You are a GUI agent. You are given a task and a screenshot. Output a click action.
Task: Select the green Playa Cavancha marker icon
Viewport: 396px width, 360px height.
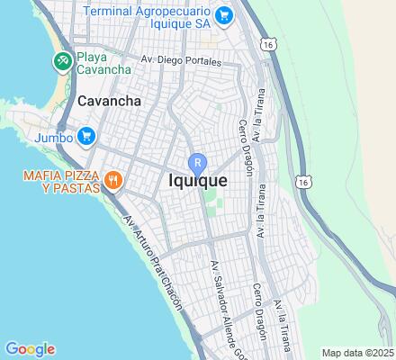point(61,62)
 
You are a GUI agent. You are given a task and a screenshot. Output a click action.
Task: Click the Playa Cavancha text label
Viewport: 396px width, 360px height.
point(103,62)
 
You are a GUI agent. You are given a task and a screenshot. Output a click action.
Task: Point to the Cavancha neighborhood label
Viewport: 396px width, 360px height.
point(109,101)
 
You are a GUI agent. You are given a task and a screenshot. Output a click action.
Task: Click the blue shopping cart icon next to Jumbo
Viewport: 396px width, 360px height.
point(86,137)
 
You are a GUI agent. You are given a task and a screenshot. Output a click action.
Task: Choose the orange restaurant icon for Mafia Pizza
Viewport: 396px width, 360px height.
point(113,179)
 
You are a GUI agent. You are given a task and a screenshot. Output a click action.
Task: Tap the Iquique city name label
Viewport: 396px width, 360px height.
point(197,180)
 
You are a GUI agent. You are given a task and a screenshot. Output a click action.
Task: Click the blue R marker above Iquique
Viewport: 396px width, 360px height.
point(197,163)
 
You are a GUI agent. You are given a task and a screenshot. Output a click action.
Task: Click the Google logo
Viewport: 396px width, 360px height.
point(30,349)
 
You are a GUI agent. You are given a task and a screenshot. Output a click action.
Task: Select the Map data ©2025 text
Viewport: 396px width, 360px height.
point(357,353)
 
